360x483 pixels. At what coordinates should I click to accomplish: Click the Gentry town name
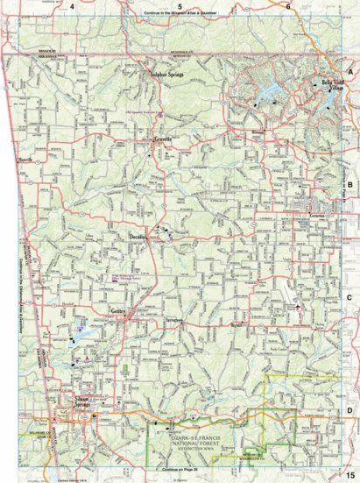point(117,311)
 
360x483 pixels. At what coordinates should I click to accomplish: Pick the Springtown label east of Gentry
point(173,321)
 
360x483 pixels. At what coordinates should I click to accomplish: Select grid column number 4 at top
point(73,6)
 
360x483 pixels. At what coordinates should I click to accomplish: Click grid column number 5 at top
point(179,6)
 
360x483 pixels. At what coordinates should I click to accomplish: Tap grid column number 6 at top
point(287,6)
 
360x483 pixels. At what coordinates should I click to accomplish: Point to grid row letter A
point(350,71)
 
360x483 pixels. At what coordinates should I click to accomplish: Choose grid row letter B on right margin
point(350,185)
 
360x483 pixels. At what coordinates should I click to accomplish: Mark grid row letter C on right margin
point(350,296)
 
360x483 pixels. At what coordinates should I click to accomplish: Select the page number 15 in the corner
point(349,474)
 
